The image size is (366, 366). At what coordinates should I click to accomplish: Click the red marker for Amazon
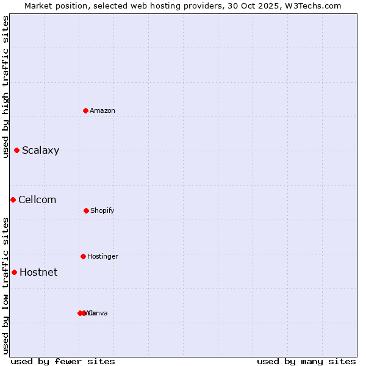coord(86,110)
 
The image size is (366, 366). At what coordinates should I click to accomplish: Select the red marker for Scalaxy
coord(17,150)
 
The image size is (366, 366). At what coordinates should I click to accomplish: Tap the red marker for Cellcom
coord(13,199)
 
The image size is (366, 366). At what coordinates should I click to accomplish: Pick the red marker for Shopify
coord(86,210)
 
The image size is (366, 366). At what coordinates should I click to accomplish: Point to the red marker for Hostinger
coord(83,256)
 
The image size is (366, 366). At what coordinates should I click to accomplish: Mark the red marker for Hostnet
coord(14,272)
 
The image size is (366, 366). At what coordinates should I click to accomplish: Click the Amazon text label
coord(102,110)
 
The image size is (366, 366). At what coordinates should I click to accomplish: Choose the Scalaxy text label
coord(40,151)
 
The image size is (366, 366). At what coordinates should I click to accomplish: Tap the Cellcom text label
coord(37,200)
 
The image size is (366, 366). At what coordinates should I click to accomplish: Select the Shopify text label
coord(102,211)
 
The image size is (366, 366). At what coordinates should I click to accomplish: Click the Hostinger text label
coord(102,257)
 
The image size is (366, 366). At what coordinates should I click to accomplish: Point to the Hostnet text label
coord(38,273)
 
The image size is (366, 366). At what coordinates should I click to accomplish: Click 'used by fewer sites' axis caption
coord(63,361)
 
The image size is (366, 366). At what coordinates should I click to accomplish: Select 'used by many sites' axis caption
coord(306,361)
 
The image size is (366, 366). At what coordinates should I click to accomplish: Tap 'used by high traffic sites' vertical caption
coord(6,87)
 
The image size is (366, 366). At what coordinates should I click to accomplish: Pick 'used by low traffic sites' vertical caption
coord(6,285)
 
